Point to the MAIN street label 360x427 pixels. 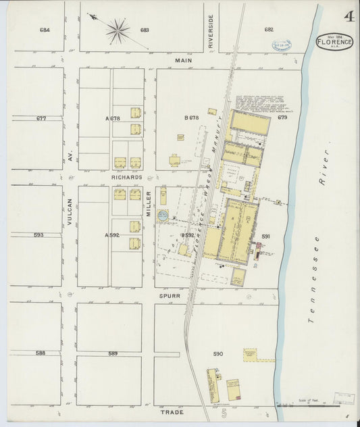[x=184, y=60]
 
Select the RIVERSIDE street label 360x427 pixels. [x=211, y=32]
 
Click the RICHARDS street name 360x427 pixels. [x=126, y=177]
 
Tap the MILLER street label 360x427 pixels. [x=149, y=203]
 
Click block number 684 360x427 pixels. [x=45, y=30]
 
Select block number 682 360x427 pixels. [x=269, y=29]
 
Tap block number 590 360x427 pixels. [x=217, y=353]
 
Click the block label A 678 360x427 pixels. [x=112, y=118]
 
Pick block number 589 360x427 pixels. [x=113, y=353]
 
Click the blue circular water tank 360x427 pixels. [x=162, y=216]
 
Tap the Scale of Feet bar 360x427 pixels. [x=317, y=405]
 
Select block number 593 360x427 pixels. [x=38, y=235]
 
